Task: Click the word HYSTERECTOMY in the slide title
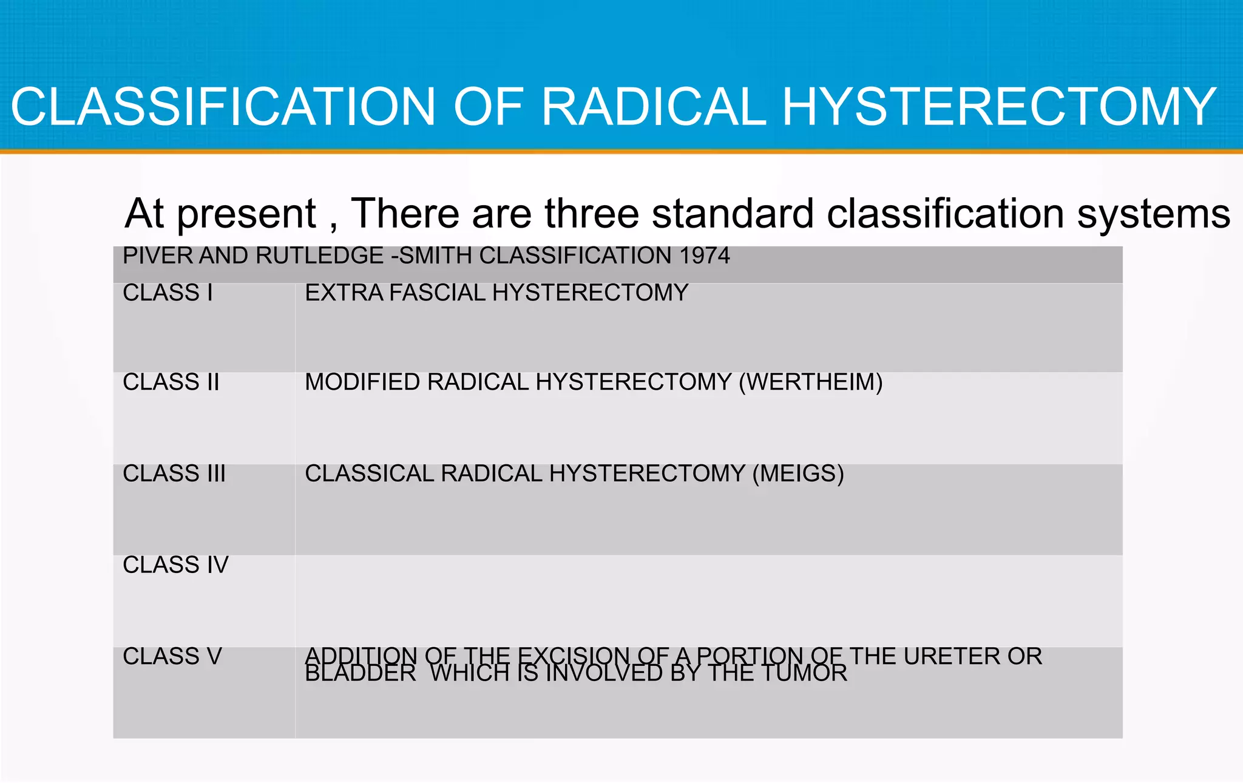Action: (999, 107)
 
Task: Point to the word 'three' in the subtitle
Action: (592, 214)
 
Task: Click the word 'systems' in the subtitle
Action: (1153, 215)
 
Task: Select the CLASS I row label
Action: (168, 293)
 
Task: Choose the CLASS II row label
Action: (171, 382)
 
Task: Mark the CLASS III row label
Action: (174, 473)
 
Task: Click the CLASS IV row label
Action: (175, 565)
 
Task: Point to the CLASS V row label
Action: (172, 656)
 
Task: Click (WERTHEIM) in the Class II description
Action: (810, 382)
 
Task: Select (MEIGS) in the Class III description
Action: (798, 473)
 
